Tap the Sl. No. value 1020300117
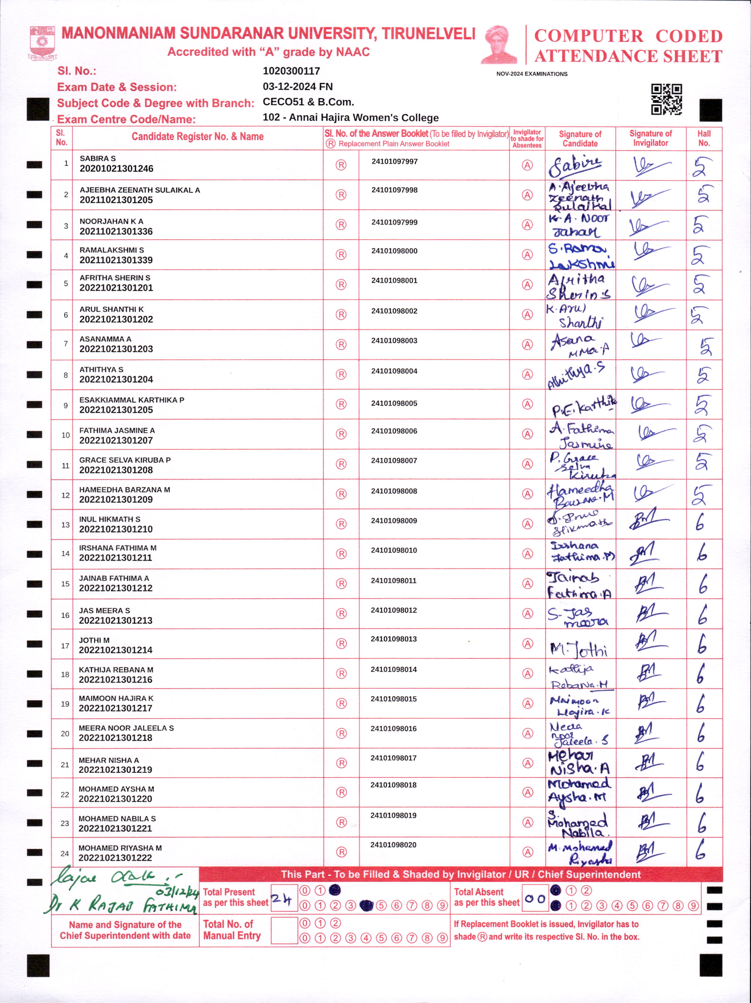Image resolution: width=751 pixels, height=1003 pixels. coord(291,71)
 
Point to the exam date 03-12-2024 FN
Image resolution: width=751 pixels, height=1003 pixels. coord(297,87)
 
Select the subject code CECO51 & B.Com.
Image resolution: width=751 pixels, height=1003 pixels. coord(308,102)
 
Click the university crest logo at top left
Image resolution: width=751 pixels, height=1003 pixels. coord(42,43)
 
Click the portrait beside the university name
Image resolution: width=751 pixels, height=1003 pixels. coord(499,44)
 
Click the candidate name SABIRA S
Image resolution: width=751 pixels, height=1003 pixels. coord(98,158)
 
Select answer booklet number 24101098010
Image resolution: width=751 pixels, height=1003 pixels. coord(394,550)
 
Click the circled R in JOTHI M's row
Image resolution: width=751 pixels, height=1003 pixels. coord(341,643)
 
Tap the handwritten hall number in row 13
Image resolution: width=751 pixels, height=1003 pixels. coord(700,522)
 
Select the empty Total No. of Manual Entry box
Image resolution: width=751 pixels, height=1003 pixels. coord(284,930)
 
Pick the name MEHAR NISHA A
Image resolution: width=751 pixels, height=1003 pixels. coord(109,760)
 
